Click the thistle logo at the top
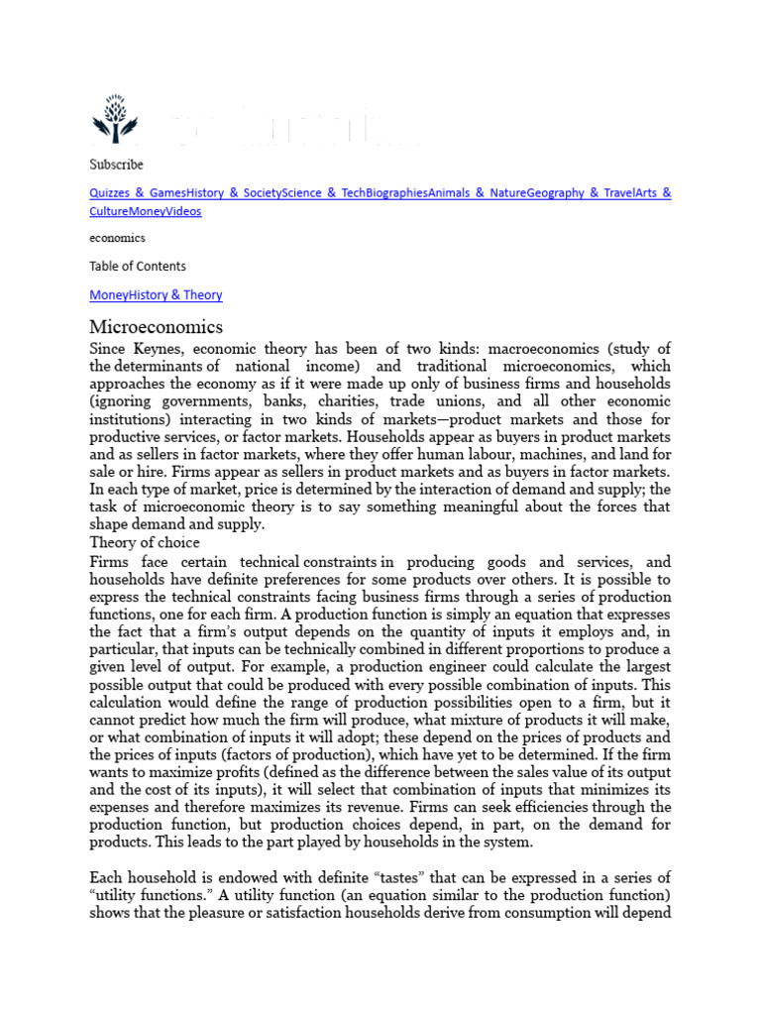[116, 120]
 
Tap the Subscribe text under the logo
[116, 165]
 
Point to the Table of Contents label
[138, 267]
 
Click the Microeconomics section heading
[157, 327]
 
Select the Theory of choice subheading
[145, 543]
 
